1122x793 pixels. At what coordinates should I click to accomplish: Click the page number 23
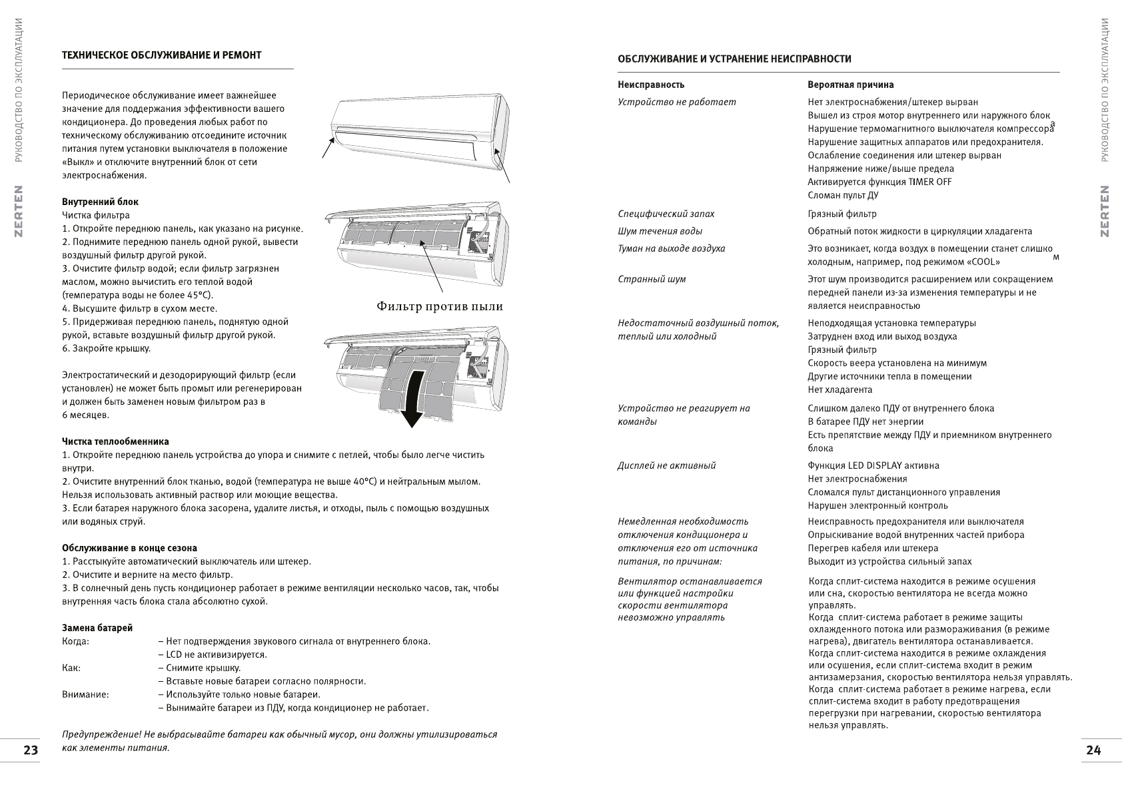[31, 750]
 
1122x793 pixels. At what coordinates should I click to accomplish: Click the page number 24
[1093, 750]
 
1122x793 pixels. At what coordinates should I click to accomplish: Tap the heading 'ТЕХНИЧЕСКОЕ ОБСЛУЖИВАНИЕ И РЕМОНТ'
[161, 55]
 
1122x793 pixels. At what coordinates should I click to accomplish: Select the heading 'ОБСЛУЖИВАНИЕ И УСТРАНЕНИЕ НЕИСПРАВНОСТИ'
[734, 59]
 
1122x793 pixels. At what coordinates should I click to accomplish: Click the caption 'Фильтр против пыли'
[440, 306]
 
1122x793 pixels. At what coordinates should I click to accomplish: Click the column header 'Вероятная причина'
[850, 85]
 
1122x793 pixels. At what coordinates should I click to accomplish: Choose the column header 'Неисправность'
[651, 85]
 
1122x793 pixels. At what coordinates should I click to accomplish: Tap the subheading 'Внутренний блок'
[100, 202]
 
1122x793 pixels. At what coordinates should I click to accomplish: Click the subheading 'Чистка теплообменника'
[115, 441]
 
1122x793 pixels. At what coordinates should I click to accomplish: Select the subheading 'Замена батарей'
[97, 628]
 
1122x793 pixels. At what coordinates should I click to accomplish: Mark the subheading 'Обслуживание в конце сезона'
[129, 548]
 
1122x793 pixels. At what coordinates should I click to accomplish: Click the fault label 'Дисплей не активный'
[666, 465]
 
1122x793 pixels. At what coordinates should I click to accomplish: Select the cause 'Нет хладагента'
[840, 390]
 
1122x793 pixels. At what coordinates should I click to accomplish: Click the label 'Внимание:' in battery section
[85, 694]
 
